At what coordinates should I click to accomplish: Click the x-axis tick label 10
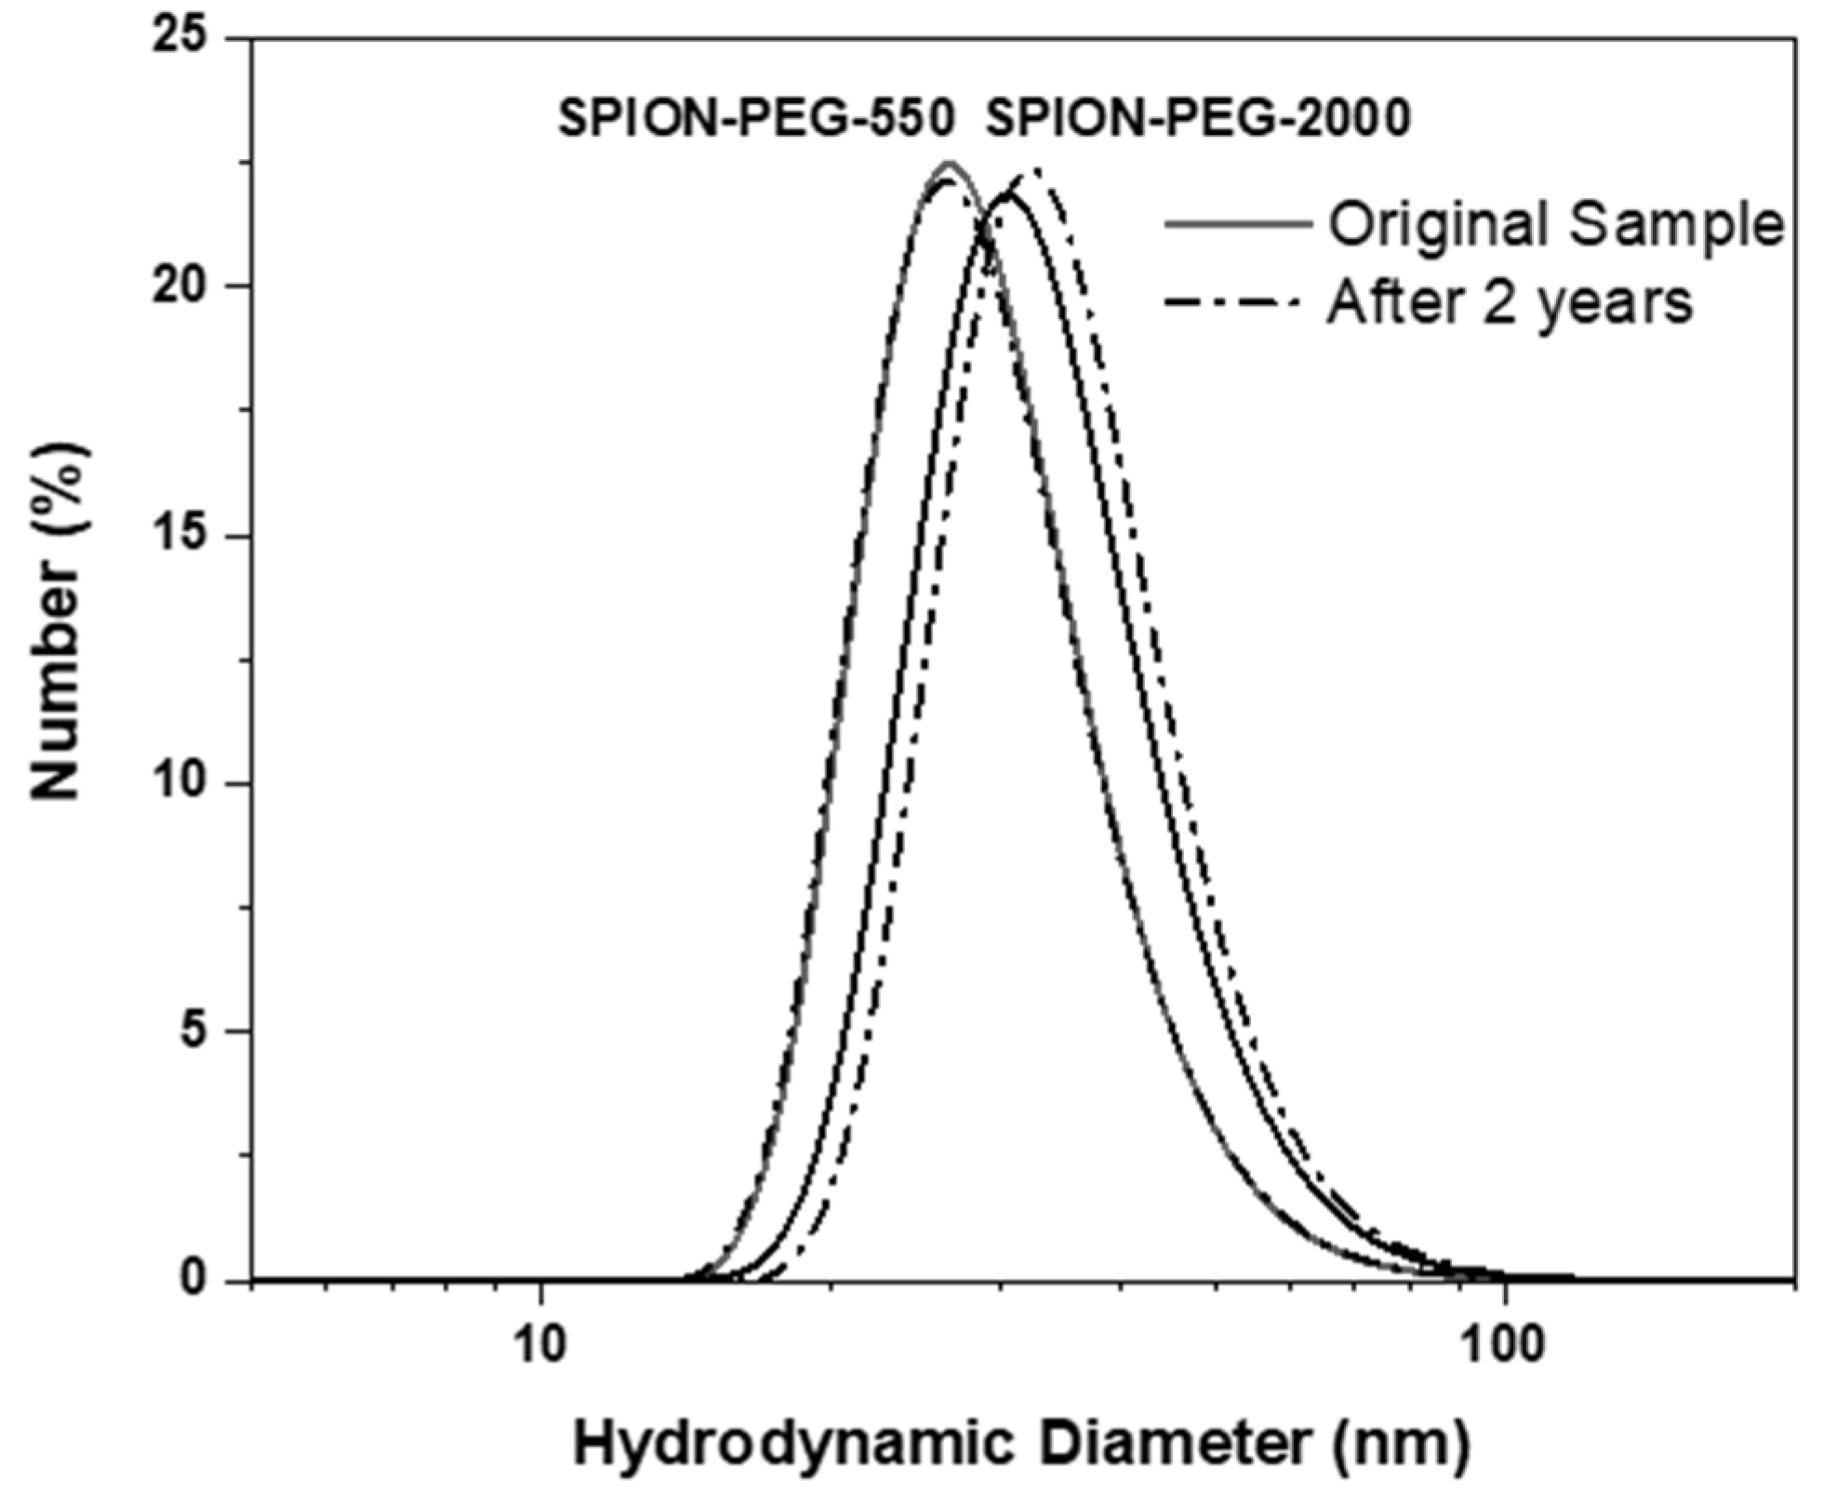click(540, 1346)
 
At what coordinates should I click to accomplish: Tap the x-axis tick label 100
click(1504, 1346)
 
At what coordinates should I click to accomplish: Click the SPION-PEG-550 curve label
click(755, 119)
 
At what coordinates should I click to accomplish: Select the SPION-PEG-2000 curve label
click(1198, 119)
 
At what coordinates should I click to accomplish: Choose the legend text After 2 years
click(1509, 301)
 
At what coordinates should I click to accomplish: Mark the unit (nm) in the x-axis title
click(1404, 1445)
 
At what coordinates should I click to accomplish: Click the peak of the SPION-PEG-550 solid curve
click(950, 164)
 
